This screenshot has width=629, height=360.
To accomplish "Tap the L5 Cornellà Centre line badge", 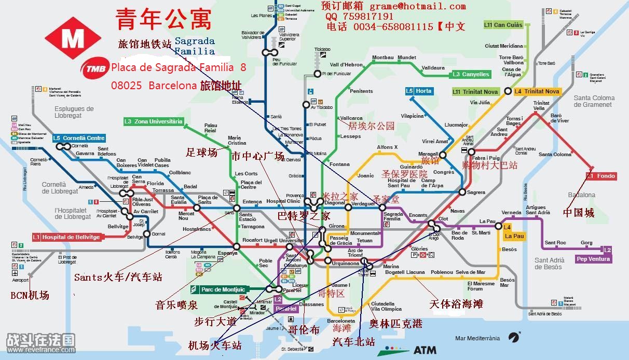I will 79,138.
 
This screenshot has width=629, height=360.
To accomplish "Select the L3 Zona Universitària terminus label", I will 153,121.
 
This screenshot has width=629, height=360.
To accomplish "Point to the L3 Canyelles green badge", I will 470,74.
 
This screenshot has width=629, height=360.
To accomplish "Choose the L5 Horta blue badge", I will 419,91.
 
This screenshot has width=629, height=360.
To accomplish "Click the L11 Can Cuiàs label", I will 503,25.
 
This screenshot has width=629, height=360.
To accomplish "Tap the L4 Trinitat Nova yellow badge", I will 537,91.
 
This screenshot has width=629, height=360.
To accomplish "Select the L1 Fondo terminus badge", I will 601,176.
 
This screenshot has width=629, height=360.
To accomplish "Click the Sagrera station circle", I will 462,192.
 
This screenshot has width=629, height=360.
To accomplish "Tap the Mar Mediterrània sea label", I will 477,338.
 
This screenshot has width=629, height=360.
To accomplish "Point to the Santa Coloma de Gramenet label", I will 594,101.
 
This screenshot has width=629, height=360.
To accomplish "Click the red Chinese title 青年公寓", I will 163,20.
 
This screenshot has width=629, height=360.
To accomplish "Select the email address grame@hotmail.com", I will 417,6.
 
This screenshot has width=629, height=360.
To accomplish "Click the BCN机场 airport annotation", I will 30,295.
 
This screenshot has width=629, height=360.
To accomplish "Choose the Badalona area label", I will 582,195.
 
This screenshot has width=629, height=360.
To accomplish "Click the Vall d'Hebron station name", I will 347,65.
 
